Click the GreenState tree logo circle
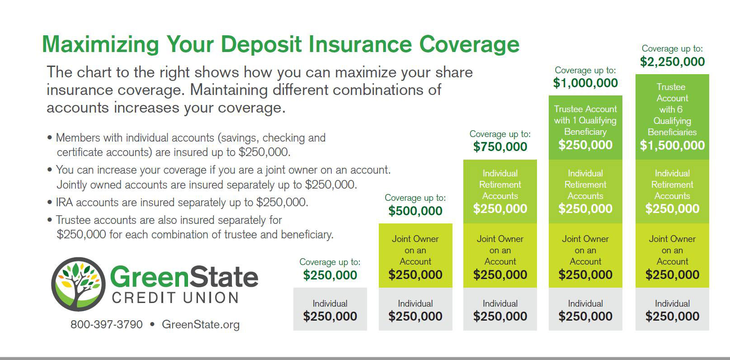click(78, 284)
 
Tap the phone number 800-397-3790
click(107, 324)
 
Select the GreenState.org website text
click(201, 324)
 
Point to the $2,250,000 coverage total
click(672, 62)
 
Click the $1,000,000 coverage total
click(585, 83)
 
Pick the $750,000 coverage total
click(500, 147)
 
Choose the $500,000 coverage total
click(415, 211)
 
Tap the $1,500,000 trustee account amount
click(672, 146)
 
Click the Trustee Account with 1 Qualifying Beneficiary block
click(585, 128)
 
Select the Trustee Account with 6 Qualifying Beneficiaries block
click(672, 117)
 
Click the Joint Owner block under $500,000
click(415, 256)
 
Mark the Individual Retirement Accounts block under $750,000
click(500, 192)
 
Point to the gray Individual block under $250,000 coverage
click(330, 309)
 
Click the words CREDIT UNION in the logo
click(176, 298)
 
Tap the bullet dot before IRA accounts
click(50, 203)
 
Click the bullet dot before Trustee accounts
click(50, 220)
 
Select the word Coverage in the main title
click(469, 45)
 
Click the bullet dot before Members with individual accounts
click(50, 137)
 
